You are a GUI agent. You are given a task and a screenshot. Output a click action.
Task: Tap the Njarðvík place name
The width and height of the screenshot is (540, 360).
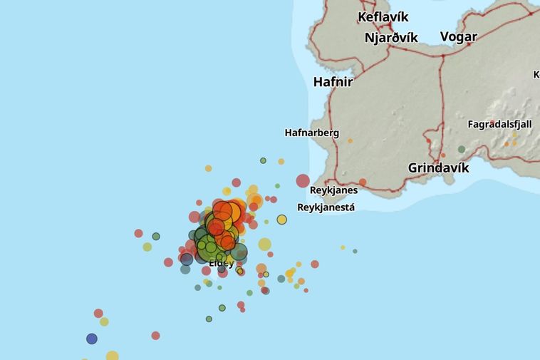click(x=390, y=38)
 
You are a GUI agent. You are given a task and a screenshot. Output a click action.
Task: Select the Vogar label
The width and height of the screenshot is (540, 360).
click(x=458, y=36)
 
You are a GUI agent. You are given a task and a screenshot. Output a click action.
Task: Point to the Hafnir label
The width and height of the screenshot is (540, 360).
click(x=333, y=82)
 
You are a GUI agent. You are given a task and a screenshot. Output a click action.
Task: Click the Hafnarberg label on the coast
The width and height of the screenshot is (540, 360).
click(x=311, y=133)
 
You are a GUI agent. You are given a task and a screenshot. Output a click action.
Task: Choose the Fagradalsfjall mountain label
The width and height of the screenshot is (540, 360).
click(x=499, y=124)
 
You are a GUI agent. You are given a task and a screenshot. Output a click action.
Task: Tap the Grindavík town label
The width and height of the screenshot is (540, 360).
click(x=438, y=168)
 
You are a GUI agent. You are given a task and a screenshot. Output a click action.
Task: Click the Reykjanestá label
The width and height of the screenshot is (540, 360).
click(x=326, y=207)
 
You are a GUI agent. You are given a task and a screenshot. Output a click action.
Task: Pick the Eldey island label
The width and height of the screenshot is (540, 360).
click(x=221, y=263)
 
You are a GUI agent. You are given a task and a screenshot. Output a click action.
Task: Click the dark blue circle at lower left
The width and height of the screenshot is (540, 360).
click(x=92, y=339)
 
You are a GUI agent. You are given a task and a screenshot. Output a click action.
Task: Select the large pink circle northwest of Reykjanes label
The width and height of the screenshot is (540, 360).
click(x=303, y=181)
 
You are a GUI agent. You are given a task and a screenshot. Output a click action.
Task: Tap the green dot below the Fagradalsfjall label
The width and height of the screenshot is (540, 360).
click(x=462, y=150)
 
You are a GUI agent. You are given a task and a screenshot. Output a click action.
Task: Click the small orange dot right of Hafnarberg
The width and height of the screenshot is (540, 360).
click(x=350, y=141)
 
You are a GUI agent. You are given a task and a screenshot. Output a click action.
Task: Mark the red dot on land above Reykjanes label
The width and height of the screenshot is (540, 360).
click(x=363, y=182)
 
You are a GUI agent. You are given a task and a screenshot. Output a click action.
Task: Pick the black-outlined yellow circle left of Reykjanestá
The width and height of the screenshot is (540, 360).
click(x=281, y=220)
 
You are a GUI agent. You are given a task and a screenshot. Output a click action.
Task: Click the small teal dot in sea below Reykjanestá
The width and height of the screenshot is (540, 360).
click(x=355, y=251)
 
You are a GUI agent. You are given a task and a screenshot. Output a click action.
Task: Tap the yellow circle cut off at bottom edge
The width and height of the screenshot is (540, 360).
click(x=112, y=356)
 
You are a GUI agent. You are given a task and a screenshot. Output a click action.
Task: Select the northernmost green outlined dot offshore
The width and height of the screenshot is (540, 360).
click(x=263, y=160)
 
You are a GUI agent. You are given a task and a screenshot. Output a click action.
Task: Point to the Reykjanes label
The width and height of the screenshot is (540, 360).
click(x=333, y=190)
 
